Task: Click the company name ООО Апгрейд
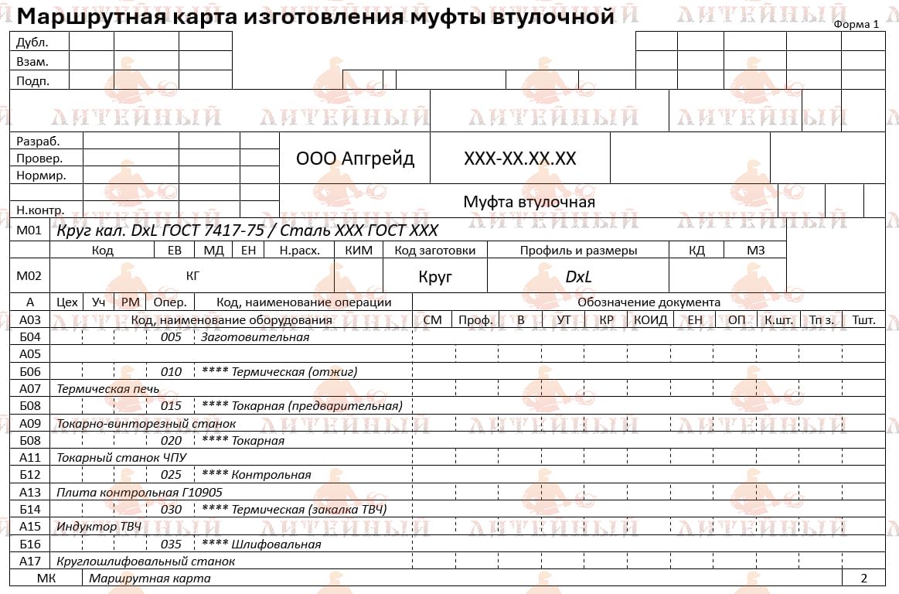click(355, 159)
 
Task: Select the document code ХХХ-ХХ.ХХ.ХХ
click(519, 159)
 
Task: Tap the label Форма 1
click(856, 24)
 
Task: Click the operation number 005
click(171, 337)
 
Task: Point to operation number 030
click(171, 509)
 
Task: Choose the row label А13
click(29, 492)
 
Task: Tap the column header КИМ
click(359, 250)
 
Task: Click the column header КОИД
click(650, 319)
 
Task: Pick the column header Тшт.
click(863, 319)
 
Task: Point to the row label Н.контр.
click(40, 209)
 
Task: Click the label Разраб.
click(38, 141)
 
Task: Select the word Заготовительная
click(254, 337)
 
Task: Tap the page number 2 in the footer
click(863, 578)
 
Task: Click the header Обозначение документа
click(649, 302)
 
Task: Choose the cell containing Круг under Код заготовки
click(435, 276)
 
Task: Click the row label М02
click(29, 275)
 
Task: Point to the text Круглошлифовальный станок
click(145, 561)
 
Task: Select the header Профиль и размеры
click(578, 250)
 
